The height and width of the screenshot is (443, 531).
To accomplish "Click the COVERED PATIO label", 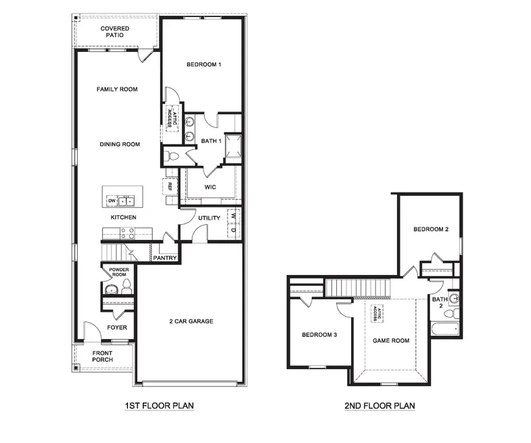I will (x=114, y=32).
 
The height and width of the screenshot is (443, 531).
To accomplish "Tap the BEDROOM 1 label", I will (x=204, y=64).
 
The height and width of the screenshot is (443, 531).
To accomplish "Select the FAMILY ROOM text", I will (x=117, y=90).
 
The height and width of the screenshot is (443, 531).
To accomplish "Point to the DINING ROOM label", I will (x=120, y=145).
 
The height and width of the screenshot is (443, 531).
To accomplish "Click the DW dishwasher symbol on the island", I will (x=112, y=201).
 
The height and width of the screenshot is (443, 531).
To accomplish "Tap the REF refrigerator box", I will (x=169, y=186).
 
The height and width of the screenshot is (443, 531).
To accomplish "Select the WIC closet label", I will (x=210, y=187).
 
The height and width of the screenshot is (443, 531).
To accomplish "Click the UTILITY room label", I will (x=209, y=218).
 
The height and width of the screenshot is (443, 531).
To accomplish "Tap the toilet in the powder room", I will (x=126, y=288).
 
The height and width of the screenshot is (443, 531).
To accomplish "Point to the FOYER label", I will (x=117, y=328).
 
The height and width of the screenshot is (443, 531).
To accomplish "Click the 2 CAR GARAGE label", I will (x=191, y=321).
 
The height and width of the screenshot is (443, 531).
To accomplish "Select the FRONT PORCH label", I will (x=103, y=356).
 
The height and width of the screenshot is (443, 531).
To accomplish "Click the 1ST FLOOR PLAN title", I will (x=159, y=406).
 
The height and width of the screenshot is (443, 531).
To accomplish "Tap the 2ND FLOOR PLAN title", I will (x=379, y=406).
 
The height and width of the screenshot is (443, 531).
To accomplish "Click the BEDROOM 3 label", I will (x=319, y=335).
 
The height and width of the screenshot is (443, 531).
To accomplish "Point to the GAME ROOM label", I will (x=391, y=340).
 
